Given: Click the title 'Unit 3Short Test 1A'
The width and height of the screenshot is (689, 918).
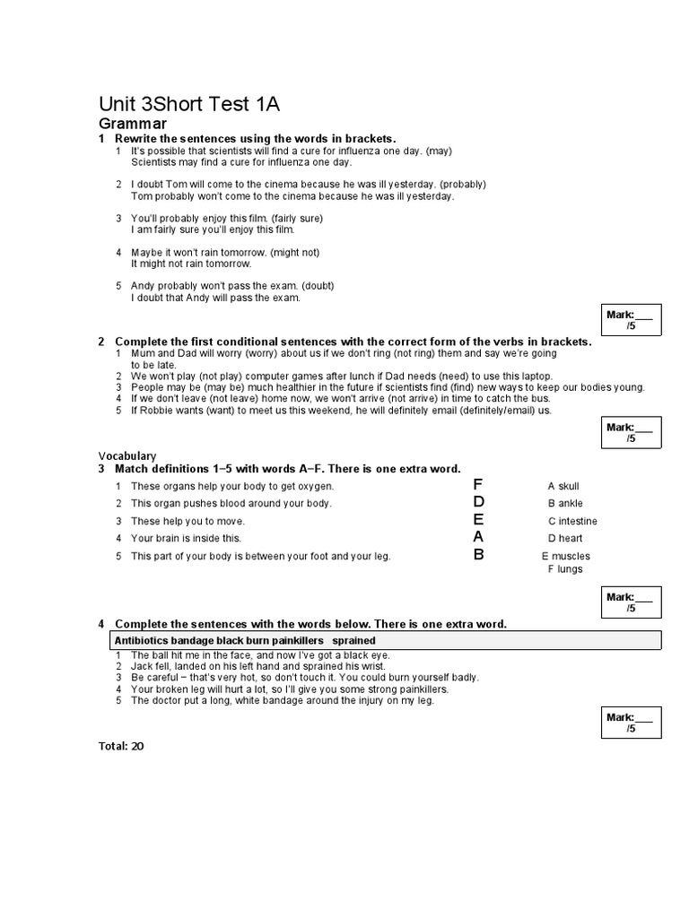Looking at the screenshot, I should click(x=188, y=104).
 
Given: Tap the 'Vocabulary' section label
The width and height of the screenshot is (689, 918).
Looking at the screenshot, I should click(x=126, y=455).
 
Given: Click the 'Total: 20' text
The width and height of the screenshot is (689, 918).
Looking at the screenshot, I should click(x=120, y=745).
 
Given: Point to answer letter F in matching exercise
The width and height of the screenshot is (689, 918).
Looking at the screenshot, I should click(x=478, y=485).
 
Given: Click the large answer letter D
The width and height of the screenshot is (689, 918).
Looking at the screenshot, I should click(x=478, y=502).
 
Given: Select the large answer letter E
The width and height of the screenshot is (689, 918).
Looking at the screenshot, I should click(x=478, y=520).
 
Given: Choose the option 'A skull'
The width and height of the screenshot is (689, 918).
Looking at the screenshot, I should click(x=563, y=486).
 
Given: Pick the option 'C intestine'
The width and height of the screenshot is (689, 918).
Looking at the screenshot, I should click(x=572, y=521).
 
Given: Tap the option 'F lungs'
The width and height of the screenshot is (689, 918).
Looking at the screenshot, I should click(x=565, y=568).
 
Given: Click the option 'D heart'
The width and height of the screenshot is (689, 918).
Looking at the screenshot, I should click(x=565, y=538).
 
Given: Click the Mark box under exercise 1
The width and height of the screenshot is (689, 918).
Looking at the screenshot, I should click(x=631, y=320).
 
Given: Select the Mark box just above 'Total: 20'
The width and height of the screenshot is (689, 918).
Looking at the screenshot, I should click(x=631, y=723).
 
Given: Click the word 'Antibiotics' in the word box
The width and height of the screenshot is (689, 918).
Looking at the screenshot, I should click(x=142, y=640).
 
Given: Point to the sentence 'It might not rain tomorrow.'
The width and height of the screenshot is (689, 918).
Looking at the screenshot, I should click(x=191, y=264).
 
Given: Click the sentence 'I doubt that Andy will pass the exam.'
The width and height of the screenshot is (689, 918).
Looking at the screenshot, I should click(x=215, y=298).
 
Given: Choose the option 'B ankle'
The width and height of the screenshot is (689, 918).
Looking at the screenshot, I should click(x=565, y=503).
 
